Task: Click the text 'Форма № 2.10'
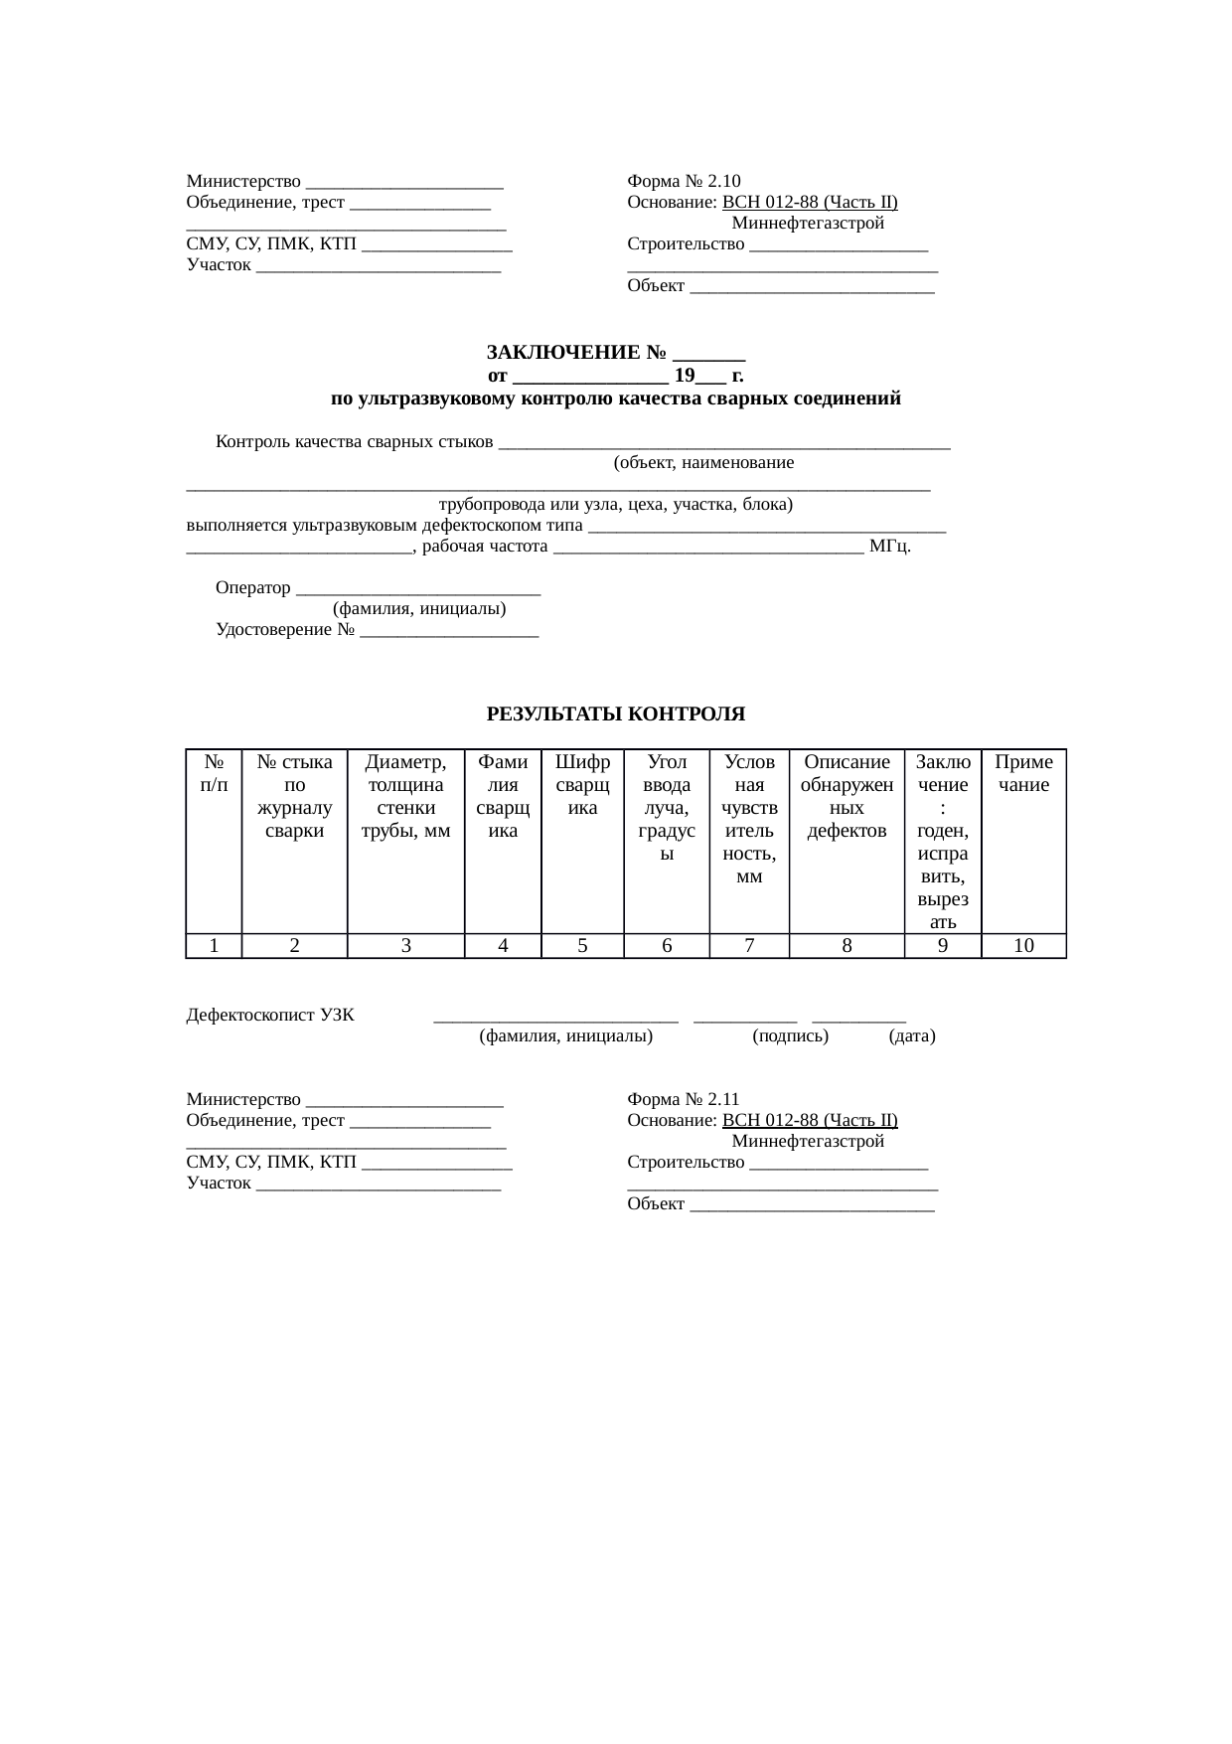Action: pos(684,181)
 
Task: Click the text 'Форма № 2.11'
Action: pos(684,1099)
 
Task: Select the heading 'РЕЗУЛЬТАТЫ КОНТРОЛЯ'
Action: pos(615,714)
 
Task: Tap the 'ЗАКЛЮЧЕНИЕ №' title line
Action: pos(615,353)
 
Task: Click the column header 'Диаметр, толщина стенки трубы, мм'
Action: pos(405,797)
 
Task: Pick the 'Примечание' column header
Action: pos(1023,774)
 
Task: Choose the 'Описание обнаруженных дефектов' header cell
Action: pos(847,797)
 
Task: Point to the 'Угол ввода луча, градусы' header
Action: pos(667,808)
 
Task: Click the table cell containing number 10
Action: pos(1023,946)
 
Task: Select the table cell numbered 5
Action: pos(582,946)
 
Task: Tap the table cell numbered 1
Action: pos(214,946)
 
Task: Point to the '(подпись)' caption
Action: pos(791,1036)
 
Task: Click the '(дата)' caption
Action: pos(912,1036)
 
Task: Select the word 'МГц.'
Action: pos(890,547)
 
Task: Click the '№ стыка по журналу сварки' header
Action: pos(294,797)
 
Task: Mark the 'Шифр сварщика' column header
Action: pos(582,785)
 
